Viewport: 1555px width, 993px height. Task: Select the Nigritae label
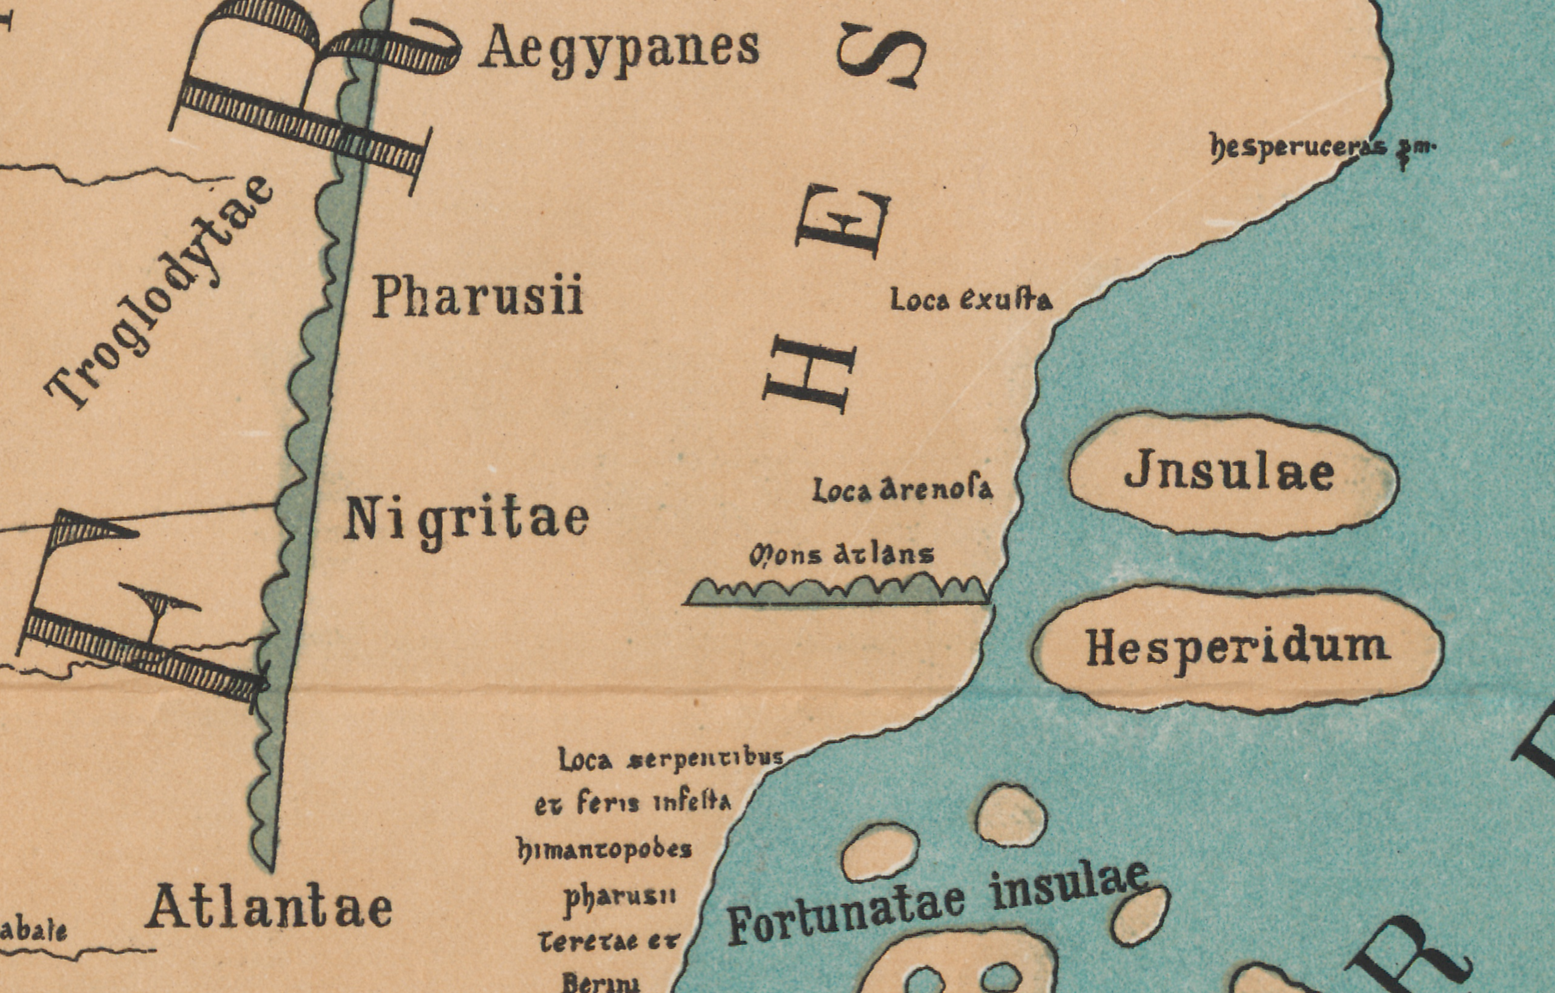pyautogui.click(x=466, y=521)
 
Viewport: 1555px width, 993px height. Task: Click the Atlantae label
pyautogui.click(x=269, y=908)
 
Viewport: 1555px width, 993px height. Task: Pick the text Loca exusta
pyautogui.click(x=971, y=300)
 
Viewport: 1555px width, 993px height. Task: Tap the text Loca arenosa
pyautogui.click(x=902, y=490)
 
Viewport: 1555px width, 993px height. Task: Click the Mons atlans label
pyautogui.click(x=841, y=554)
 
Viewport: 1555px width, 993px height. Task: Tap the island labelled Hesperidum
pyautogui.click(x=1236, y=648)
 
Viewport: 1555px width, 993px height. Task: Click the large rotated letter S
pyautogui.click(x=881, y=55)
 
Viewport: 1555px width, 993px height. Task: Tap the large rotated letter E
pyautogui.click(x=843, y=221)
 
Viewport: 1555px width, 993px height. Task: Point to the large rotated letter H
pyautogui.click(x=809, y=373)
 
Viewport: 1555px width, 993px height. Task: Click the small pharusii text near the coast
pyautogui.click(x=620, y=897)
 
